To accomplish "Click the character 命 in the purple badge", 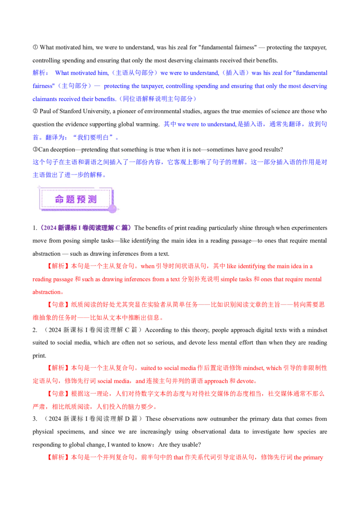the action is (59, 199).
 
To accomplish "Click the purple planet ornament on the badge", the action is (112, 209).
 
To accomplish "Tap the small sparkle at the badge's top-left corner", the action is (39, 186).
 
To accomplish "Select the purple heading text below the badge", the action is (85, 228).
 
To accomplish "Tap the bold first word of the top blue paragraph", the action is (39, 72).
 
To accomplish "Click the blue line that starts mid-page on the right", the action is (245, 125).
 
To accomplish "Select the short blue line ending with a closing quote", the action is (75, 138).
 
